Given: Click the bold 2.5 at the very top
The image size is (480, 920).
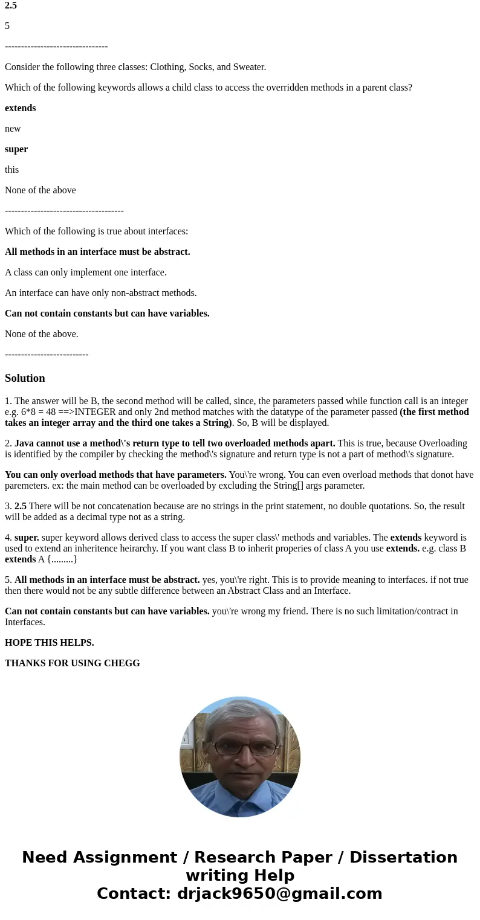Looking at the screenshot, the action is (x=11, y=5).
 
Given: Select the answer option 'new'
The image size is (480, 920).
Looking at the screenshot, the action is (x=13, y=129).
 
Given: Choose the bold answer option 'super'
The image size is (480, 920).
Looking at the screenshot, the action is (x=16, y=149).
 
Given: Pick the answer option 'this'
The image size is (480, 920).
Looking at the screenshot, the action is (x=11, y=170).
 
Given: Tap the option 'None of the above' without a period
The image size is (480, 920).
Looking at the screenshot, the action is (x=41, y=190).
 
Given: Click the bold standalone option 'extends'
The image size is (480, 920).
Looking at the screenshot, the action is (x=20, y=108).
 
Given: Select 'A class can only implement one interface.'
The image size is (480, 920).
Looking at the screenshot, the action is (x=86, y=272).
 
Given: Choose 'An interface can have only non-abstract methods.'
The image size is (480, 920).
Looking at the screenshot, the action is (x=101, y=293).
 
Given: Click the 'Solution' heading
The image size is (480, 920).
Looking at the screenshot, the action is (x=25, y=378).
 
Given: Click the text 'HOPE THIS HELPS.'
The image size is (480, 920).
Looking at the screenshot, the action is (x=50, y=643).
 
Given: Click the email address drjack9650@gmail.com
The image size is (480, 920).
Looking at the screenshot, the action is (x=279, y=893).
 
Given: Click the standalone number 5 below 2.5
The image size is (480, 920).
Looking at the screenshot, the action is (x=7, y=26).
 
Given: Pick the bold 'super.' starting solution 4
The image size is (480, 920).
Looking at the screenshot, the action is (x=27, y=538).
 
